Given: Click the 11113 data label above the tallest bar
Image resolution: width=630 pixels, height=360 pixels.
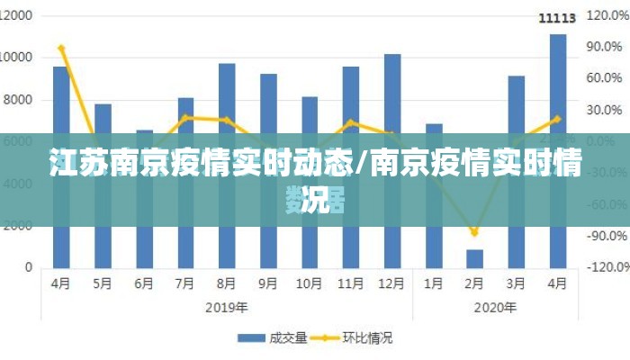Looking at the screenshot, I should pos(557,18).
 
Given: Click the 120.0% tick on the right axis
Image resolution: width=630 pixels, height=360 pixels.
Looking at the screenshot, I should pos(607,16).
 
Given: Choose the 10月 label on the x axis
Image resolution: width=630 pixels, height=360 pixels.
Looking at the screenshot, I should pos(310,283).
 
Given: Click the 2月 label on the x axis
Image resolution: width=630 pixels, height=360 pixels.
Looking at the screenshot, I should pos(474,283).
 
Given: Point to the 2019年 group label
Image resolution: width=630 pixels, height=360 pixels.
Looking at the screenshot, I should pos(227,306).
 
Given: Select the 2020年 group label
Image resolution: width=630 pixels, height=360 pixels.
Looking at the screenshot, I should pos(495,306).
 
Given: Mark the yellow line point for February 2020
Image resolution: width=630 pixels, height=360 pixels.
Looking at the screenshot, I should pos(474,233).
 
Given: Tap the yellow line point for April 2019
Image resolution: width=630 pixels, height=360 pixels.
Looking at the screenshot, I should pos(61,48).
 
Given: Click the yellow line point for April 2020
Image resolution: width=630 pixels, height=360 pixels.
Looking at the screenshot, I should pos(558,118).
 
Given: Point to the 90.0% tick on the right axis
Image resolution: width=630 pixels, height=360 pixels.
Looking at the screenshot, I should pos(607,47).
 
